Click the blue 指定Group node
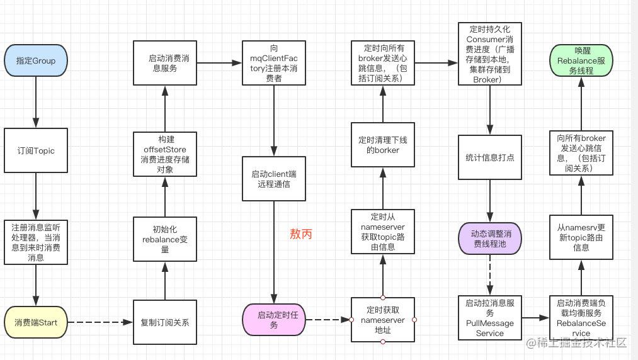click(x=36, y=60)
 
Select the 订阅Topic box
click(x=36, y=150)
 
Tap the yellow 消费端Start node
click(x=36, y=322)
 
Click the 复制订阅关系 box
click(x=165, y=322)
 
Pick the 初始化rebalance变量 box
click(x=165, y=239)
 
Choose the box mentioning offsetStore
click(x=165, y=154)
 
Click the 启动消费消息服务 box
click(x=165, y=63)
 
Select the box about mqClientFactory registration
click(x=274, y=63)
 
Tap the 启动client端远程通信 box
click(x=274, y=179)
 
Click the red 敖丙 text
click(x=301, y=234)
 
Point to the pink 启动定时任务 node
click(x=274, y=320)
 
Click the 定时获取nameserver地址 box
click(x=383, y=320)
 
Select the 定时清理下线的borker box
click(x=383, y=145)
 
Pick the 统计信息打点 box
click(x=490, y=157)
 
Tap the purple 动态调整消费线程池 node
click(x=490, y=239)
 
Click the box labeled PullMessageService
click(x=490, y=318)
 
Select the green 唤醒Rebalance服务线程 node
click(x=581, y=60)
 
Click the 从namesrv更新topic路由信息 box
click(x=581, y=237)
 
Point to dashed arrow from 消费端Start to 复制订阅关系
click(x=100, y=322)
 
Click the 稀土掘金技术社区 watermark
click(x=576, y=343)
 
